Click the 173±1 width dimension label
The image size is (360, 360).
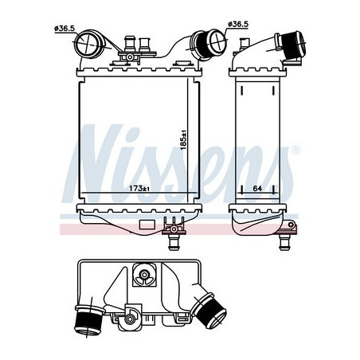[x=139, y=189]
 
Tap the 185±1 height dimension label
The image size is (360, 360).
[x=183, y=140]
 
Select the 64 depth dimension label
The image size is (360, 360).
[x=257, y=188]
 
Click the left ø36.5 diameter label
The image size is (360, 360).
[x=65, y=29]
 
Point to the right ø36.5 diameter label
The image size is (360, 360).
[x=238, y=24]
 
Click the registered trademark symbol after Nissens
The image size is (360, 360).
[x=296, y=150]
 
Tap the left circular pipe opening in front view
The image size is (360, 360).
[x=87, y=44]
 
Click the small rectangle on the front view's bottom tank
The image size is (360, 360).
[x=145, y=224]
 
